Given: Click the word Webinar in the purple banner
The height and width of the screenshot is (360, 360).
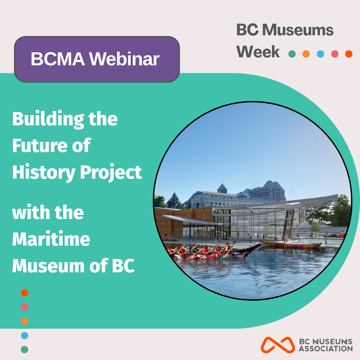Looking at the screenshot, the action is point(124,59).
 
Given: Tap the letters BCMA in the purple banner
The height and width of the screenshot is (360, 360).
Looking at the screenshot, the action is point(58,59).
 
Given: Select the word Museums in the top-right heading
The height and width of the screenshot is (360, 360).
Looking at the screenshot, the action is point(298,30).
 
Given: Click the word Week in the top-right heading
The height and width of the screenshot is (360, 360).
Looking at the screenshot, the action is point(258,52).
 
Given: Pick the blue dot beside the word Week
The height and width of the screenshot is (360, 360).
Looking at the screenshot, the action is point(320,54).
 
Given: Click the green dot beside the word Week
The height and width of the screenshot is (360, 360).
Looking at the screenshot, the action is point(292,54).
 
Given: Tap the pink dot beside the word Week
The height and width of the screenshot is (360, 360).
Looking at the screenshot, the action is point(335,54).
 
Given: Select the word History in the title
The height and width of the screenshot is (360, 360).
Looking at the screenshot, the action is point(44,173).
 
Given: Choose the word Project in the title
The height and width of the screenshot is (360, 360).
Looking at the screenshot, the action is point(111,173).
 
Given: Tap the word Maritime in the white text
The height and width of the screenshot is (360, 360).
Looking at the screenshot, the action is point(51,239).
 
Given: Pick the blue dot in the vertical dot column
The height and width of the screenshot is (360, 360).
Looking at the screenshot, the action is point(25,335).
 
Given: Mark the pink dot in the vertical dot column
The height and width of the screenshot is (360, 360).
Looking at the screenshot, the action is point(25,307).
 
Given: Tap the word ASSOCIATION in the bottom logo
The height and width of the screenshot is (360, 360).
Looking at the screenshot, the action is point(326,349).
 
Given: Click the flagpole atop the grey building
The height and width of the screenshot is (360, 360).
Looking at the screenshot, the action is point(222,178).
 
